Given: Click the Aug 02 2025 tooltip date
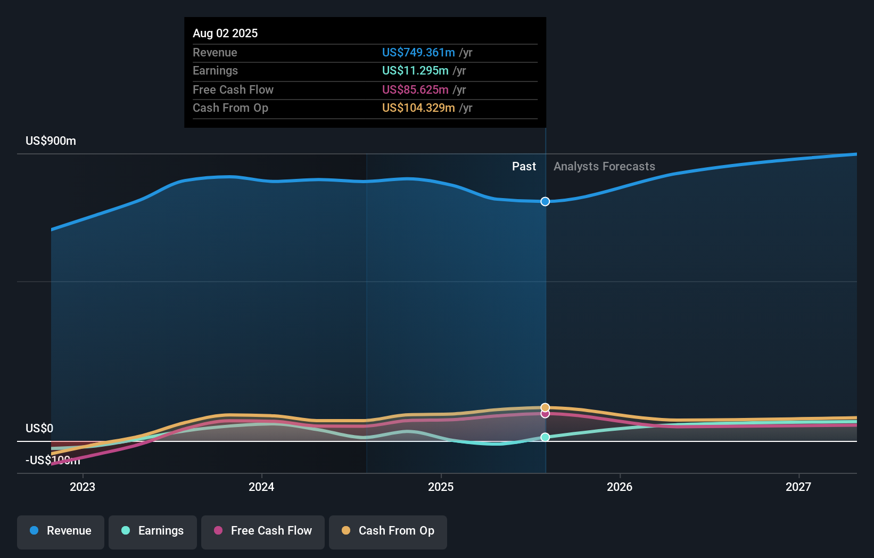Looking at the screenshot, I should [x=225, y=33].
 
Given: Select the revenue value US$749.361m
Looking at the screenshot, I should [x=418, y=52].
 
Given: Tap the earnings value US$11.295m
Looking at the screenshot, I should [x=415, y=71].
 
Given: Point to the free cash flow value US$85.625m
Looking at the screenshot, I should [x=415, y=89].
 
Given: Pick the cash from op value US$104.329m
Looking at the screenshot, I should [x=418, y=108].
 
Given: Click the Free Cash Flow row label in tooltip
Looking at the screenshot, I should [x=233, y=89].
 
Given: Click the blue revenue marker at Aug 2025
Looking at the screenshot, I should [x=545, y=201].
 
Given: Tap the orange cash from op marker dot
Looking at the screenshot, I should [x=545, y=407].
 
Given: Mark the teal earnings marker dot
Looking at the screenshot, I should [x=545, y=437].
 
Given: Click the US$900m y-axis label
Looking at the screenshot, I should [x=51, y=141].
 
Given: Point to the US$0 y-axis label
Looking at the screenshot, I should [x=39, y=429].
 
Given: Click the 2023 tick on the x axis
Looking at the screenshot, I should [x=83, y=487].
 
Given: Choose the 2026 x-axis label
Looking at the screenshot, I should [x=620, y=487].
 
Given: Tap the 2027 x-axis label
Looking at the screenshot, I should [x=798, y=487].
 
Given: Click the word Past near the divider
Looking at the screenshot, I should [x=524, y=167].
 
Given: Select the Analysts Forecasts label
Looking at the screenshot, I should [x=604, y=167].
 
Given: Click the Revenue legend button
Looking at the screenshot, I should [x=61, y=531].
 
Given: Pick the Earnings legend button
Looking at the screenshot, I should [x=153, y=531].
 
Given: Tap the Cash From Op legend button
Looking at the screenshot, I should [x=388, y=531].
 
